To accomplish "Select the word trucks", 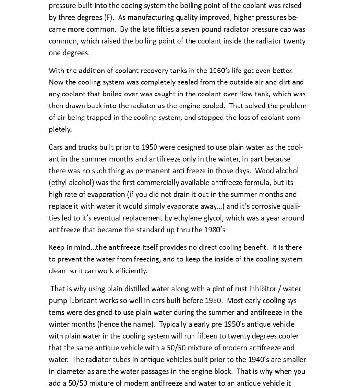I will (88, 147).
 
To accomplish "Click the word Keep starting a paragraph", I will (57, 247).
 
